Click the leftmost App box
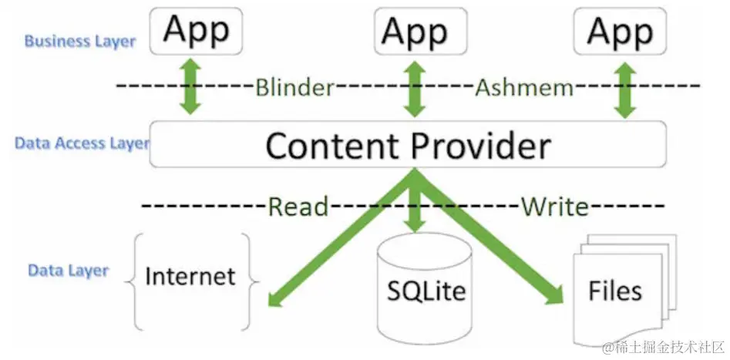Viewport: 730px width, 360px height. point(196,31)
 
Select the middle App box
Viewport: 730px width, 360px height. point(421,31)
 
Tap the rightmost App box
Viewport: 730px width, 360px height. point(620,31)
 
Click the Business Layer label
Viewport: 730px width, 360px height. point(80,42)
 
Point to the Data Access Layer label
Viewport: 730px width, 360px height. point(82,143)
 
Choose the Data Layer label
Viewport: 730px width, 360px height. point(69,271)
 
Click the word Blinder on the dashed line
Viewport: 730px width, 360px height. point(295,87)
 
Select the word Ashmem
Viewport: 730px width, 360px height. point(524,87)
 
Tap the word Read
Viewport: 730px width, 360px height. point(298,207)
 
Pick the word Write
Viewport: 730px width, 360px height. point(554,207)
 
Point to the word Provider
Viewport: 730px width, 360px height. point(481,145)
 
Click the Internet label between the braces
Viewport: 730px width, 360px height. point(190,276)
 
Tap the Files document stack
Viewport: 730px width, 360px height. point(624,290)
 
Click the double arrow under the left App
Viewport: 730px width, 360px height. point(191,86)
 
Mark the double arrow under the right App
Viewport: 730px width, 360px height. point(625,90)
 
